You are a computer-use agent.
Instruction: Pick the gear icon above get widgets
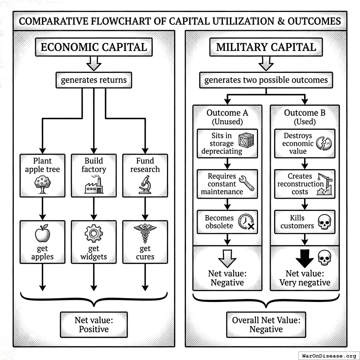tap(94, 234)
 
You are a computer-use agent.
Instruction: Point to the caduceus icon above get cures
tap(144, 233)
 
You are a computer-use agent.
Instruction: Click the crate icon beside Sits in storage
tap(246, 140)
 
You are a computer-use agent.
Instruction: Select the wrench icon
tap(246, 183)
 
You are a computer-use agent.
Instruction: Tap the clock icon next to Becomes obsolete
tap(246, 222)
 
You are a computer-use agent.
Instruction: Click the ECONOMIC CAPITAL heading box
tap(94, 47)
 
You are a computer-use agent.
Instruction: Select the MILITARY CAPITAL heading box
tap(266, 47)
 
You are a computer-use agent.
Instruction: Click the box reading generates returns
tap(94, 80)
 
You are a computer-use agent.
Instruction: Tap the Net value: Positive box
tap(94, 324)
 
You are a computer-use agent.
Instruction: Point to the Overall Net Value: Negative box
tap(266, 324)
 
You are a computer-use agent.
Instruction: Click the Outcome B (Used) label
tap(305, 117)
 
